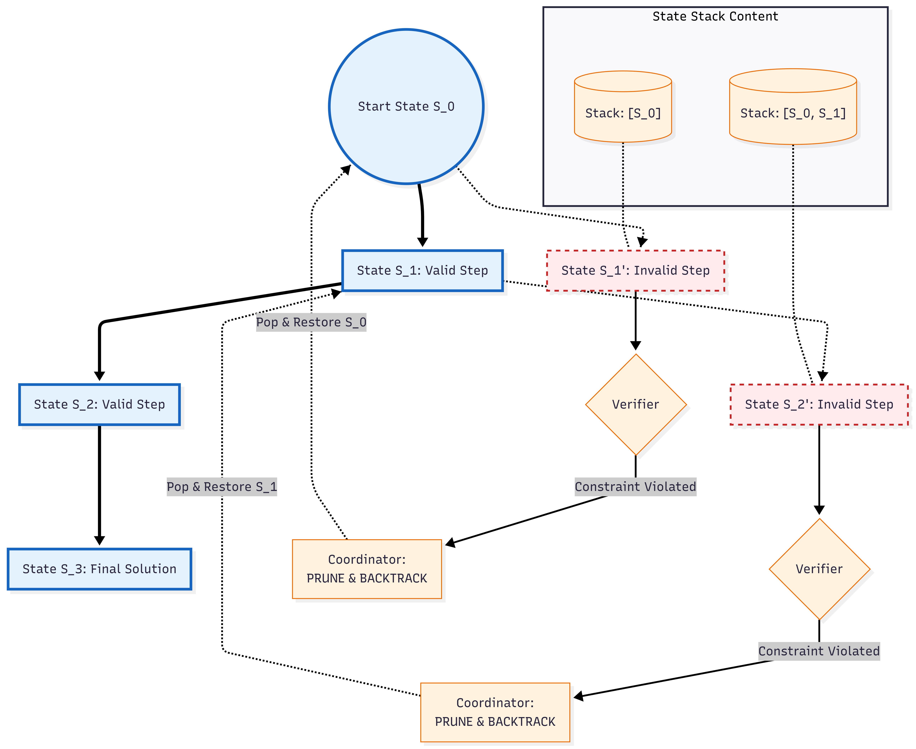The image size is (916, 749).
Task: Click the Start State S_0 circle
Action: pyautogui.click(x=406, y=107)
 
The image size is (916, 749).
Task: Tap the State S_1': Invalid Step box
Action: pyautogui.click(x=635, y=271)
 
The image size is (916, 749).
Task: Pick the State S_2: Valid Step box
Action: pyautogui.click(x=99, y=404)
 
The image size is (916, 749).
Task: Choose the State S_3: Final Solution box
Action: pyautogui.click(x=99, y=569)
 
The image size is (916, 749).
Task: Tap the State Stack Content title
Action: pyautogui.click(x=715, y=16)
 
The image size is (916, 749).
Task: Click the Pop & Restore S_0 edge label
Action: pyautogui.click(x=311, y=322)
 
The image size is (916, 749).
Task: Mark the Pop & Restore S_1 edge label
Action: pyautogui.click(x=222, y=487)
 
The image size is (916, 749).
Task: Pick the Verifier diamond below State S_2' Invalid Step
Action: pyautogui.click(x=819, y=569)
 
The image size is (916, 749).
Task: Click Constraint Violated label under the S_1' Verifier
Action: pyautogui.click(x=635, y=487)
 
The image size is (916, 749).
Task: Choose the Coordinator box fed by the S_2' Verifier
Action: pyautogui.click(x=495, y=712)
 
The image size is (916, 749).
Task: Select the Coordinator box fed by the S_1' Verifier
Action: pyautogui.click(x=367, y=569)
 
